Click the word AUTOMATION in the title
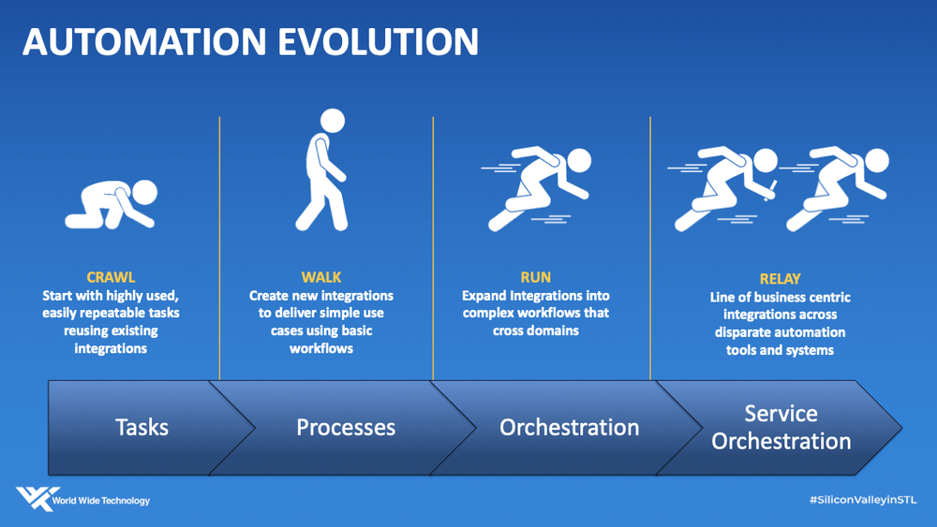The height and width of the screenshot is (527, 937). pos(144,42)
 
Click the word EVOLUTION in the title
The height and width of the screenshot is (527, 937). pos(378,42)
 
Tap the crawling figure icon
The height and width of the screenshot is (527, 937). pos(112,204)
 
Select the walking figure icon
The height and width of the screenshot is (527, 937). pos(322,170)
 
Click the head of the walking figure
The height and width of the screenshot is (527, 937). pos(333,121)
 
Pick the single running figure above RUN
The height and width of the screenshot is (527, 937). pos(536,188)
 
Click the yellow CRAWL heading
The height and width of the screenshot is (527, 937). pos(111,277)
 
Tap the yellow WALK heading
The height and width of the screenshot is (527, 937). pos(320,277)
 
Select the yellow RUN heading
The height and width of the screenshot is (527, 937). pos(535,277)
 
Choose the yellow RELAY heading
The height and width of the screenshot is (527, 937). pos(780,279)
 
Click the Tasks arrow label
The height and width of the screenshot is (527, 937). pos(141,428)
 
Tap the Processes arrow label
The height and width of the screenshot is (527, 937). pos(346,428)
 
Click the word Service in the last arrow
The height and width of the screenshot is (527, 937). pos(781,413)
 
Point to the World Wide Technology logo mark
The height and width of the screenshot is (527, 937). pos(37,498)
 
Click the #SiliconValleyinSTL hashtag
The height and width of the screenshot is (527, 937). pos(862,500)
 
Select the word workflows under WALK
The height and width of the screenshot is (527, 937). pos(320,348)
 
